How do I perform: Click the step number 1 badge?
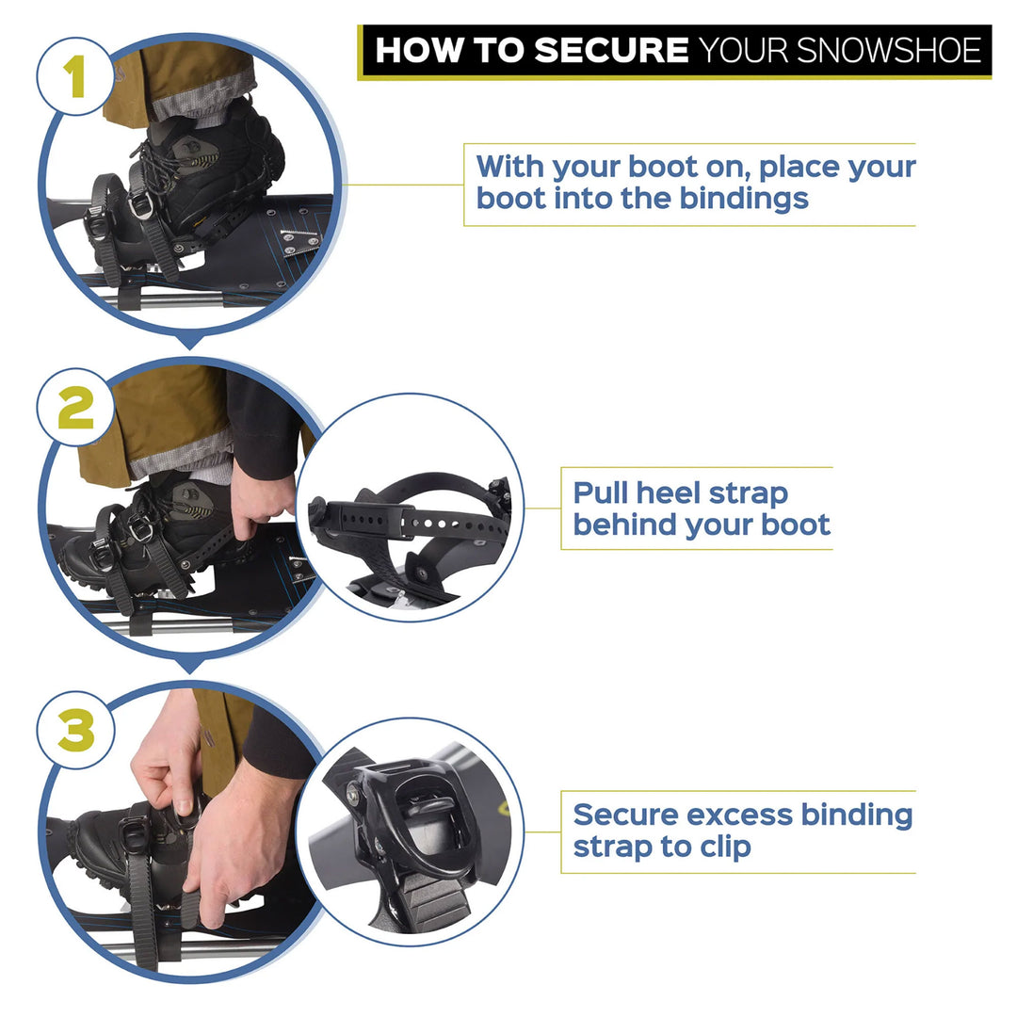[x=75, y=77]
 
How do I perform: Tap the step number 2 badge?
[x=75, y=407]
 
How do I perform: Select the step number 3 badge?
[x=75, y=729]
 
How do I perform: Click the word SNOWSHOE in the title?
[x=886, y=50]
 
